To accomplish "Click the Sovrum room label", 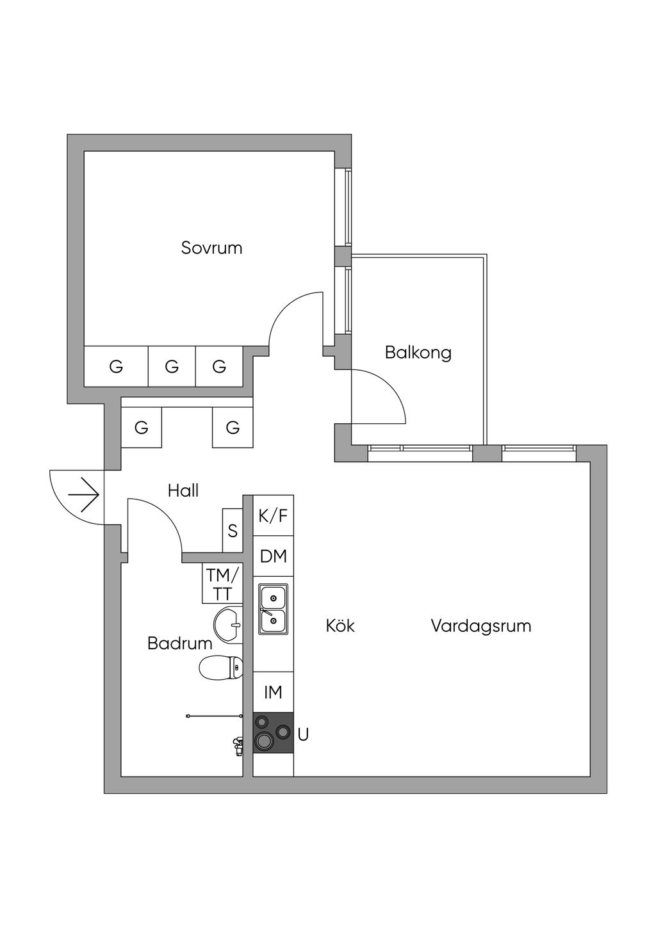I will point(211,248).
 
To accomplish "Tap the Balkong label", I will point(418,352).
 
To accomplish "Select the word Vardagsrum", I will point(480,625).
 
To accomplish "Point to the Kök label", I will point(340,625).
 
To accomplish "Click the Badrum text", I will point(179,643).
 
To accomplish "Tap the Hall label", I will point(183,490).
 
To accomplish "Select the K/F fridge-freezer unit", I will point(273,515).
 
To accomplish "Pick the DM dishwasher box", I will point(273,556).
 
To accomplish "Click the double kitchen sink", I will point(273,609).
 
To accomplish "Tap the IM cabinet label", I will point(273,692).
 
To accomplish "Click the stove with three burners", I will point(273,732).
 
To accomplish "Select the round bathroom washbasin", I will point(228,624).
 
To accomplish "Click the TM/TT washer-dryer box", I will point(222,583).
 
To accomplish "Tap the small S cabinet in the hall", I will point(233,531).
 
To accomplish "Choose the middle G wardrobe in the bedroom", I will point(172,367).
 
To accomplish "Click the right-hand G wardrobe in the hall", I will point(233,427).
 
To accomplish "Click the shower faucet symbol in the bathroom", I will point(238,744).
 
